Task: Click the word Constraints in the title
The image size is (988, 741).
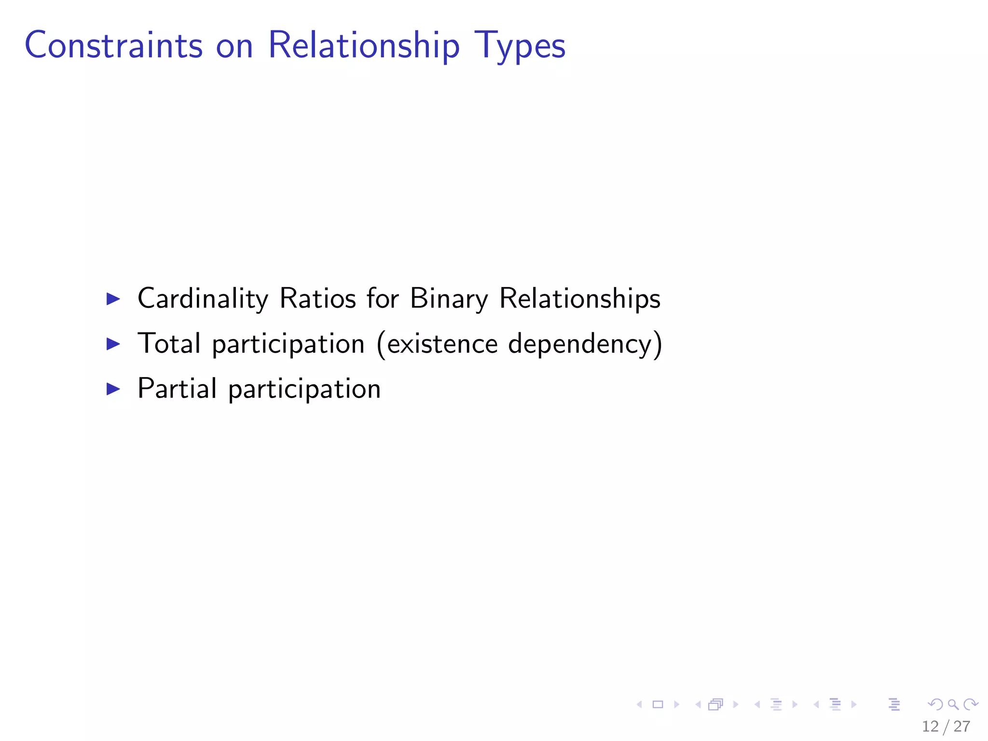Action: click(114, 46)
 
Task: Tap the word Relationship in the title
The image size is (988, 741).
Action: click(364, 46)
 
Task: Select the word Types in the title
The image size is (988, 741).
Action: click(520, 46)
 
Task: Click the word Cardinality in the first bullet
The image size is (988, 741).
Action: click(203, 299)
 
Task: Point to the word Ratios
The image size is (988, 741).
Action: click(318, 299)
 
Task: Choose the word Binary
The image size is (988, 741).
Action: click(449, 299)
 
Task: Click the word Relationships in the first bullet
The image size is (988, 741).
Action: click(579, 299)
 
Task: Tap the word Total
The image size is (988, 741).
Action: click(169, 343)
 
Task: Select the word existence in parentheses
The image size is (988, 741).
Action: click(442, 343)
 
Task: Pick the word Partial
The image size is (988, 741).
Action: click(177, 388)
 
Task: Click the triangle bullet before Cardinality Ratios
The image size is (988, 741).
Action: click(113, 299)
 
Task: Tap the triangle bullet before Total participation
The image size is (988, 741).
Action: click(113, 344)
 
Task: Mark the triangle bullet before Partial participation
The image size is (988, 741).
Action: click(113, 389)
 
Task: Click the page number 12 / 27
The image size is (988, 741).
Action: click(946, 726)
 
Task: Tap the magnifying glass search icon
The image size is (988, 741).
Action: click(953, 704)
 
